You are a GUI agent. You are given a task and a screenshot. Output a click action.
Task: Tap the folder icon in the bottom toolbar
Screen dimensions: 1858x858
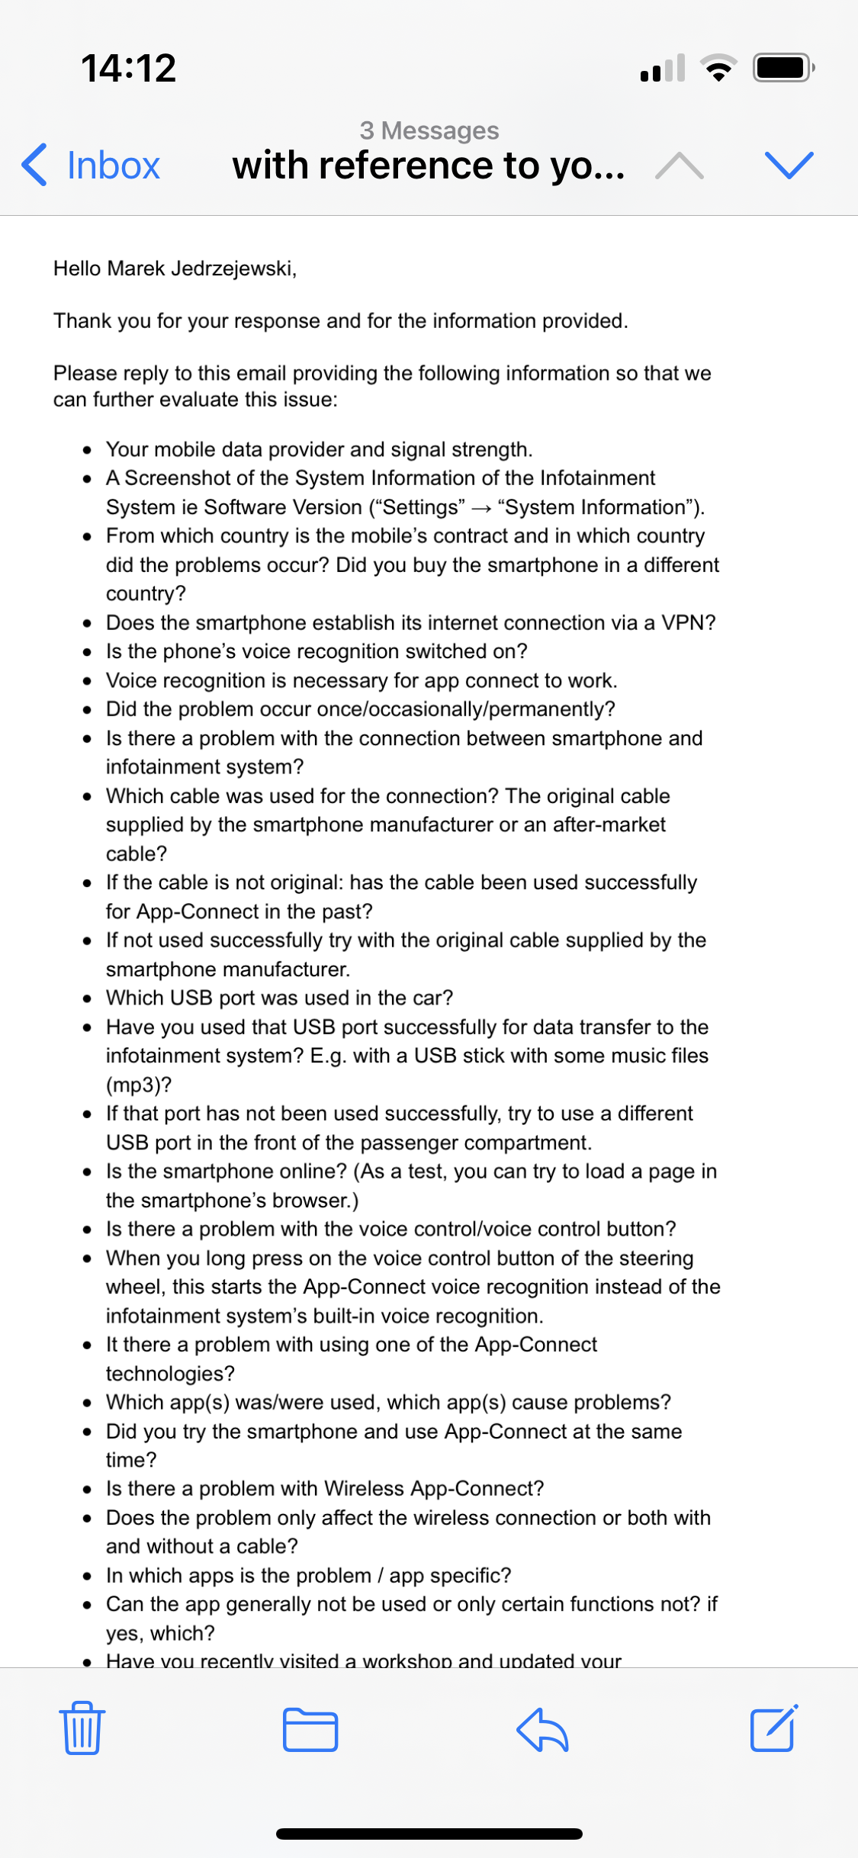[310, 1729]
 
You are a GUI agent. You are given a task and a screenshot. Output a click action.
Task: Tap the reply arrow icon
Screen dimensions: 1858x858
[542, 1729]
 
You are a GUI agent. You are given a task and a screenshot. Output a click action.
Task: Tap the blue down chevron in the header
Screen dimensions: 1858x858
[789, 165]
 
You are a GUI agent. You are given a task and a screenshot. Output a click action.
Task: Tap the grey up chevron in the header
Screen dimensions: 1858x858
[679, 166]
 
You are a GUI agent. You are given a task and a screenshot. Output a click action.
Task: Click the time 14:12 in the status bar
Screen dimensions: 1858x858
[128, 69]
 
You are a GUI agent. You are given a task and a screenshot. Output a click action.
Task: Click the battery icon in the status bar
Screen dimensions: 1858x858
[782, 68]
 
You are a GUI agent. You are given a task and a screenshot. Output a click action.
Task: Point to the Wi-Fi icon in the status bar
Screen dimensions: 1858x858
[718, 68]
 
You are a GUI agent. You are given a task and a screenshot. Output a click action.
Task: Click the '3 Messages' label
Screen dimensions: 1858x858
[429, 130]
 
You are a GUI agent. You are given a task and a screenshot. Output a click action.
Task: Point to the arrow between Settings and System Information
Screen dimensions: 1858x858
[481, 508]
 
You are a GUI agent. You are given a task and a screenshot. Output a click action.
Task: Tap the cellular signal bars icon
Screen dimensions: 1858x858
[663, 68]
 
